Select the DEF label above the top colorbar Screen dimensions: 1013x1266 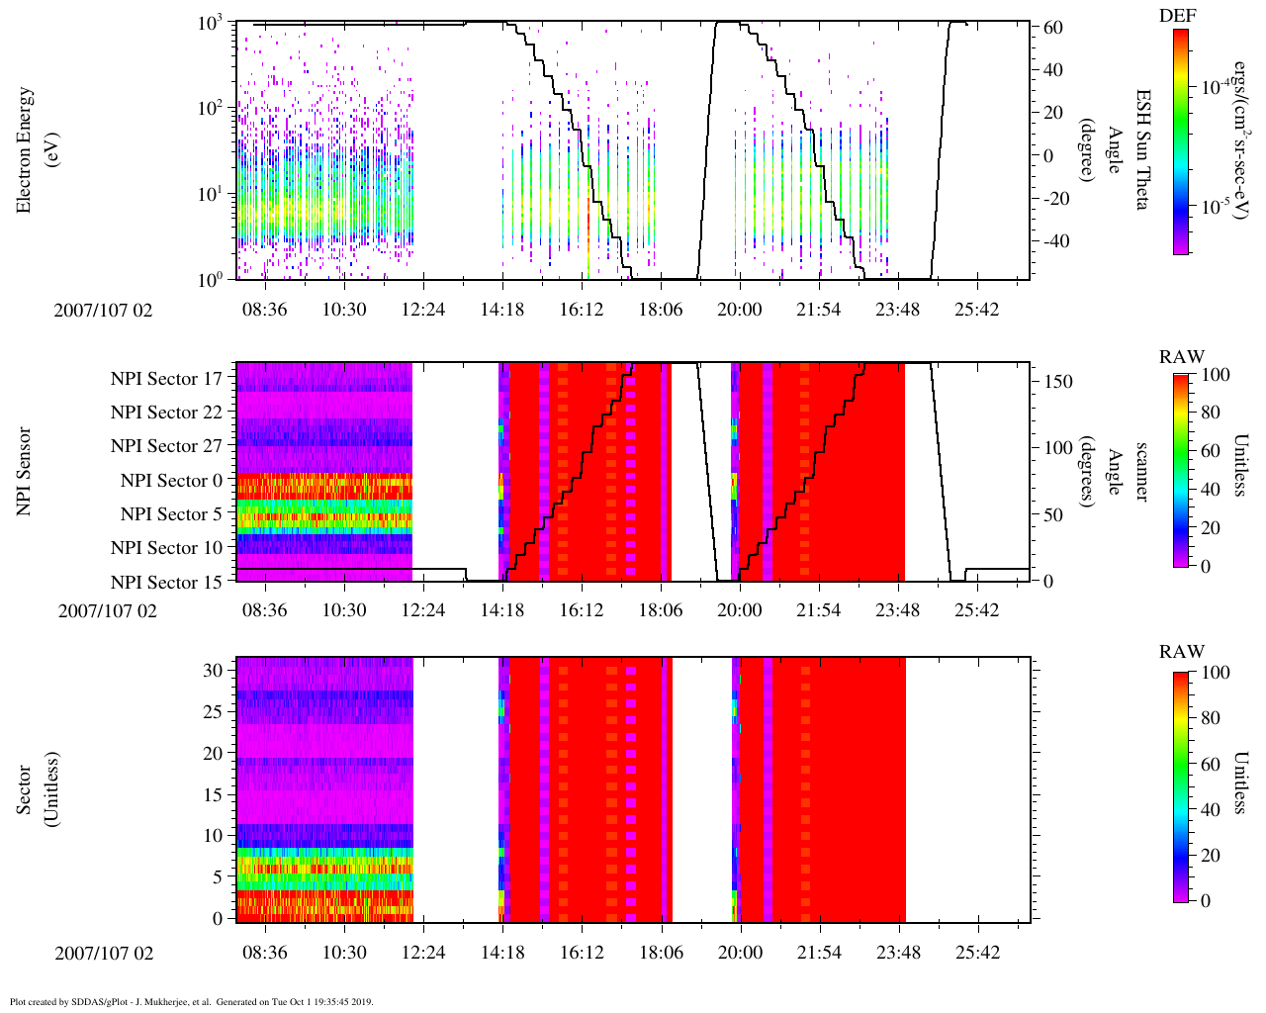(x=1177, y=16)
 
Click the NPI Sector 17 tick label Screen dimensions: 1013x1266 (x=166, y=379)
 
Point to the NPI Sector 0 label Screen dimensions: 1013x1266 (x=171, y=481)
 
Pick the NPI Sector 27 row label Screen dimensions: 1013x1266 (x=166, y=446)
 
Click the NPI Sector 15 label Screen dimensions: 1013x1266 (x=166, y=583)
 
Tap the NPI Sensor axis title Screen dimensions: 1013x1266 (x=25, y=472)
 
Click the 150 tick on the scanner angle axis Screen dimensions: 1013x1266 (x=1058, y=382)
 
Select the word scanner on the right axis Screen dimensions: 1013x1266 (x=1141, y=472)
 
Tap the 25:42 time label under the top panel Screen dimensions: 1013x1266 (x=976, y=310)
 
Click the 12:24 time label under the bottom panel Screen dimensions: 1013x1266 (x=423, y=953)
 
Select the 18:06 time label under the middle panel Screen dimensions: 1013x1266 (x=661, y=609)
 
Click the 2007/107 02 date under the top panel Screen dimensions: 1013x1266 (x=104, y=311)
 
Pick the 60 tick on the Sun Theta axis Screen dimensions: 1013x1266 (x=1053, y=28)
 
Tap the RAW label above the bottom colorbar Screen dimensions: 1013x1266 (x=1182, y=652)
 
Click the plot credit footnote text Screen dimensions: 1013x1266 (x=191, y=1001)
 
